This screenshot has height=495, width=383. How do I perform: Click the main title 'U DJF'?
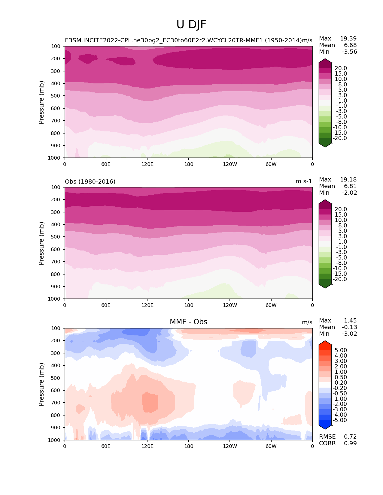click(x=191, y=25)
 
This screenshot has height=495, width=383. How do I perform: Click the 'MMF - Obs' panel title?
click(x=188, y=322)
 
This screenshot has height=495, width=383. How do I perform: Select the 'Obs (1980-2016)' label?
click(x=90, y=181)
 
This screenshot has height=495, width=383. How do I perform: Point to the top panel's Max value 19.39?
click(x=348, y=38)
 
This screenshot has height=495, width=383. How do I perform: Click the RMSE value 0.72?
click(x=350, y=436)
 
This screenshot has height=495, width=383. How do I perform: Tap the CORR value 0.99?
click(x=350, y=443)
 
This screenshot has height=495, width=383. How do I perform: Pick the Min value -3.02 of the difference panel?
click(x=349, y=334)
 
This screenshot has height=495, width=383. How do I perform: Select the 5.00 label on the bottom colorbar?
click(x=341, y=350)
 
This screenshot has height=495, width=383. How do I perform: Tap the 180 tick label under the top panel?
click(x=189, y=164)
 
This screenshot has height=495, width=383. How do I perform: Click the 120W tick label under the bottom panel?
click(x=230, y=446)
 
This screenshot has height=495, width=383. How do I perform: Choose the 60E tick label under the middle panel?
click(x=106, y=305)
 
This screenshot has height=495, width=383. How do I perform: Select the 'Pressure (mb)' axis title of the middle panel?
click(x=41, y=243)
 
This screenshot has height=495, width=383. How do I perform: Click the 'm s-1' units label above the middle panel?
click(x=304, y=181)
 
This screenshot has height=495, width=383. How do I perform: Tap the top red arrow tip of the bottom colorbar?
click(x=325, y=343)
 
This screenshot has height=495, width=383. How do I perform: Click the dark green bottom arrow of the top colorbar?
click(x=325, y=145)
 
